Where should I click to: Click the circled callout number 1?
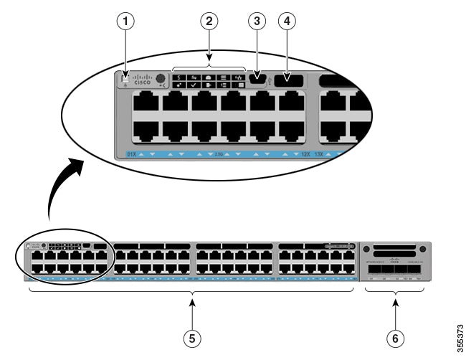[x=127, y=22]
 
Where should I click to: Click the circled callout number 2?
[x=209, y=22]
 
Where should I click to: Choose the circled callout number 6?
[x=395, y=338]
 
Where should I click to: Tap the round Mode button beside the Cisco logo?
[x=161, y=80]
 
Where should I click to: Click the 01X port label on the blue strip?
[x=131, y=153]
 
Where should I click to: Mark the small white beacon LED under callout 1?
[x=126, y=77]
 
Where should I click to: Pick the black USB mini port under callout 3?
[x=258, y=80]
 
